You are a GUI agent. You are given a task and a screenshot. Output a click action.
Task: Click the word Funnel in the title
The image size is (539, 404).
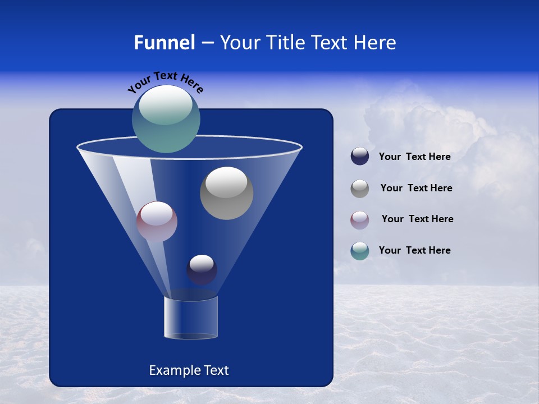click(x=164, y=43)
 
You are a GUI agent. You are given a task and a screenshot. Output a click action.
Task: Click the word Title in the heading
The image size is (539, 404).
click(x=285, y=43)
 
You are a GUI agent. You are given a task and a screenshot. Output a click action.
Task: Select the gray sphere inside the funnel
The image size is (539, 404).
click(x=226, y=194)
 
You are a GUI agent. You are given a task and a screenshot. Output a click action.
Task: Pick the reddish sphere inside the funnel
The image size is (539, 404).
click(x=157, y=222)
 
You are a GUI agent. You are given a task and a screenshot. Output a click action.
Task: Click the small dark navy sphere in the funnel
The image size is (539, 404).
click(x=202, y=270)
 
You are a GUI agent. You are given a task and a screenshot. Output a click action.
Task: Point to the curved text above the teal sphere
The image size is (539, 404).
click(x=165, y=82)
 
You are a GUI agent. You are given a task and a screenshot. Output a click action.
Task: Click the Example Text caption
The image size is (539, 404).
click(x=189, y=370)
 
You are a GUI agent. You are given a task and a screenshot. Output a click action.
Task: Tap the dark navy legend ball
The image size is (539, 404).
click(x=360, y=157)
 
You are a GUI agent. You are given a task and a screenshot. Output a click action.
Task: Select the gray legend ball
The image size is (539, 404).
click(x=360, y=189)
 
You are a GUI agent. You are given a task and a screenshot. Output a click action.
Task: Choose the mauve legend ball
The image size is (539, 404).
click(x=360, y=220)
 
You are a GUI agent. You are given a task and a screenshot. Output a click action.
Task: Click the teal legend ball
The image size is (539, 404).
click(x=360, y=251)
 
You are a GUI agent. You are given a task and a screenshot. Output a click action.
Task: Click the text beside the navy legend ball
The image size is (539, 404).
click(x=414, y=157)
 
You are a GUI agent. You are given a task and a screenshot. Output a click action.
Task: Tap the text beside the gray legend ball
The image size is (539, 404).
click(x=416, y=189)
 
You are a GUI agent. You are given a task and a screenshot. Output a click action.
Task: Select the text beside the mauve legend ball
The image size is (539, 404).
click(x=417, y=219)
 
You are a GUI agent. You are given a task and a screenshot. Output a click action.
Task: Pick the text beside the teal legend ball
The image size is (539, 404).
click(x=414, y=251)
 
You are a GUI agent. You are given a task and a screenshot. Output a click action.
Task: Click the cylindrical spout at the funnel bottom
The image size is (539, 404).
click(x=190, y=318)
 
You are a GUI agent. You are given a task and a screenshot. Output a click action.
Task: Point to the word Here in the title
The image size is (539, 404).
click(x=376, y=43)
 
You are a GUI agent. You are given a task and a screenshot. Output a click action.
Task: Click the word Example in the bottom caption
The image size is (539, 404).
click(x=173, y=370)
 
